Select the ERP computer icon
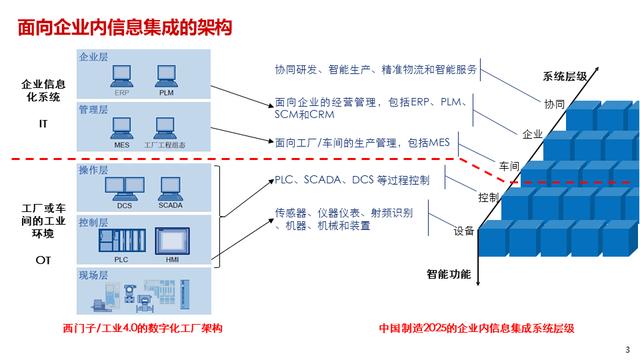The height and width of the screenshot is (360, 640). [x=123, y=75]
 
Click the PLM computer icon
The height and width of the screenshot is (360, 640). [x=166, y=75]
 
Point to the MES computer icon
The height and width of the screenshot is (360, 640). [x=122, y=127]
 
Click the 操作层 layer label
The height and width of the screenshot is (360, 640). [x=92, y=170]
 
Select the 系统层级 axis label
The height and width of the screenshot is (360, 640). [x=566, y=76]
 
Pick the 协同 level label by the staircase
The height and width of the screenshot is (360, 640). [x=554, y=104]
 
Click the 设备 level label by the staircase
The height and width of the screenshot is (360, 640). [x=464, y=231]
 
